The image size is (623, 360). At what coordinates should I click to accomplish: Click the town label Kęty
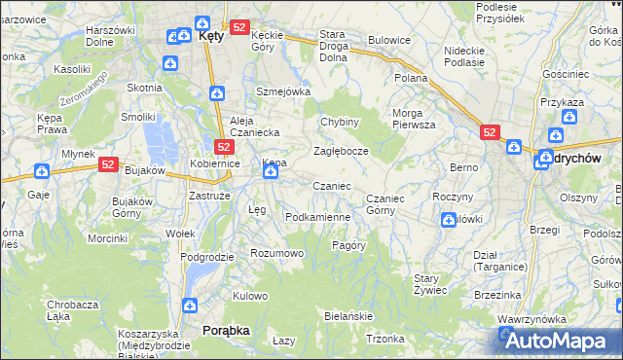pos(211,34)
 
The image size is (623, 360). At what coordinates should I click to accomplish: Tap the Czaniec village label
pos(331,186)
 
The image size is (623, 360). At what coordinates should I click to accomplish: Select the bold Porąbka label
pos(226,331)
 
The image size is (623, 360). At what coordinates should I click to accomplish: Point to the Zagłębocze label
pos(340,152)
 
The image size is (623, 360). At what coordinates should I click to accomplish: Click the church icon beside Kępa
pos(270,173)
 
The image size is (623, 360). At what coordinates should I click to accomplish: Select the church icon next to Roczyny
pos(448,220)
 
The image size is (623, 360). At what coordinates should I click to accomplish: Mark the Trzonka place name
pos(385,339)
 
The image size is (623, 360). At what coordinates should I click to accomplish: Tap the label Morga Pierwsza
pos(414,119)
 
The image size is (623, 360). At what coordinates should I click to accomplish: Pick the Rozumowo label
pos(277,253)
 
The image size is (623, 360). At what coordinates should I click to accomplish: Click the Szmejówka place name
pos(282,91)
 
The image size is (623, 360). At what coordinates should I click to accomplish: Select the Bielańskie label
pos(348,317)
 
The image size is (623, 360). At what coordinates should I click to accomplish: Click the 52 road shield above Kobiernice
pos(223,147)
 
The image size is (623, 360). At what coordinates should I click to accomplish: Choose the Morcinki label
pos(107,237)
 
